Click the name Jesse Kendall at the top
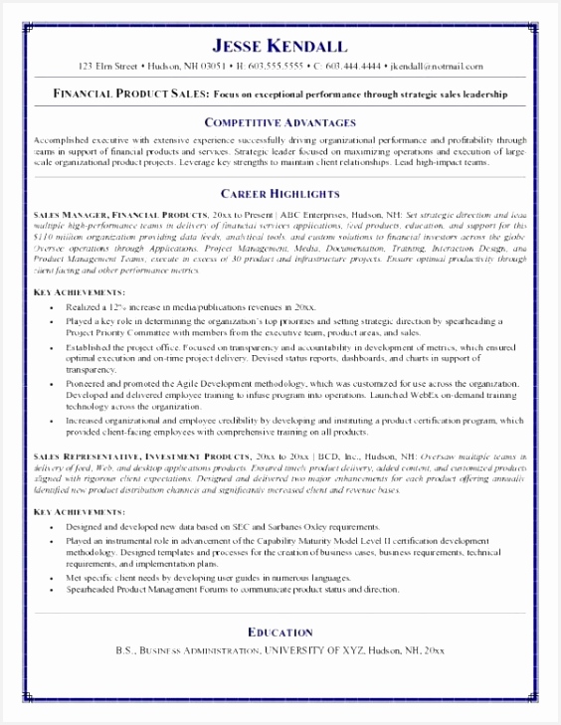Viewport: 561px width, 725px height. [280, 45]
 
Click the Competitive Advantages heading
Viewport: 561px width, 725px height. [280, 121]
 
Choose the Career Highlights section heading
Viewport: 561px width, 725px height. [280, 193]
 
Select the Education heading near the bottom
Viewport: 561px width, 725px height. [280, 633]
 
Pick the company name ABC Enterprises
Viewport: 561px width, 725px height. [322, 214]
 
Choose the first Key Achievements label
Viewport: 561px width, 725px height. [79, 293]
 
